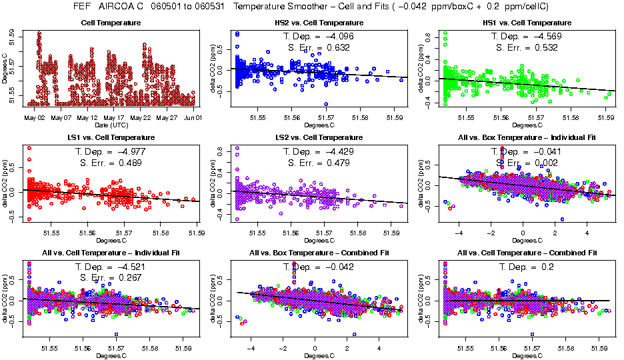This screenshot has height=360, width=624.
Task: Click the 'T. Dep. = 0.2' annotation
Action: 526,267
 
